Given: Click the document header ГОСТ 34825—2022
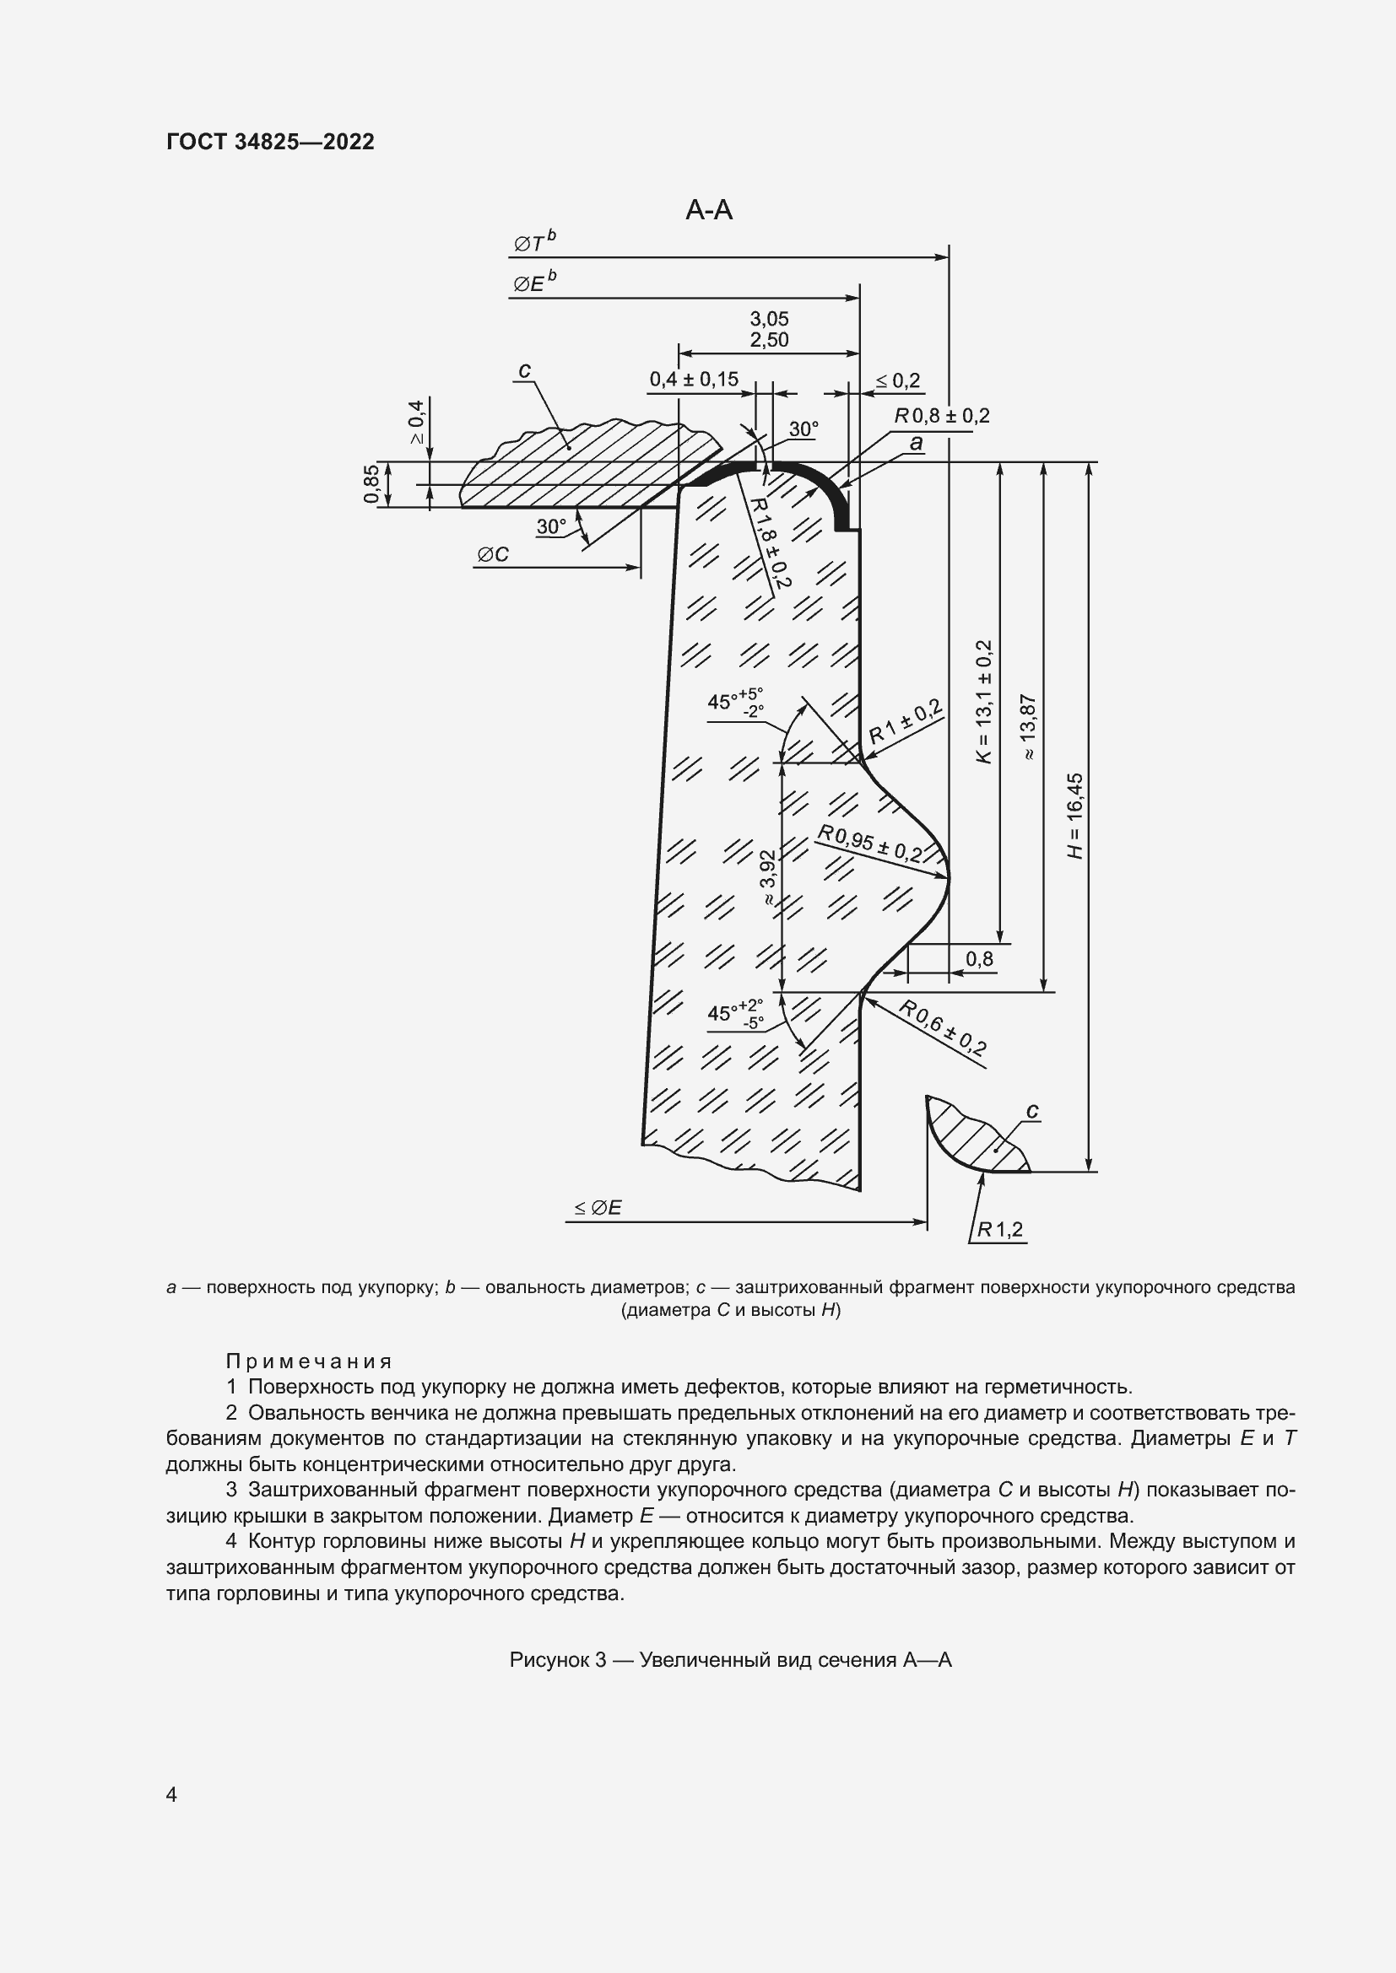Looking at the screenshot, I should point(270,143).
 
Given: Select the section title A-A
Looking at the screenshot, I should point(708,210).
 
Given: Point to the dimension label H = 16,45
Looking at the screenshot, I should point(1075,816).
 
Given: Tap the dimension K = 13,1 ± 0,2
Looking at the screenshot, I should point(984,701).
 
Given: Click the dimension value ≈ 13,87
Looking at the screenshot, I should point(1028,727).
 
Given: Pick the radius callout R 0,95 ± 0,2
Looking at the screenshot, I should point(869,844).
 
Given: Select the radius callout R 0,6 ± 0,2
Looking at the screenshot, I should point(942,1027).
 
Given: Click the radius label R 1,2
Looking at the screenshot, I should point(999,1230).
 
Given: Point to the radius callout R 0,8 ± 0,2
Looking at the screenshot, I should point(942,416).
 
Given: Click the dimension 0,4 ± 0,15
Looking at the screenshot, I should point(693,379).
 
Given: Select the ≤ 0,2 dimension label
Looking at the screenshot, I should point(896,380).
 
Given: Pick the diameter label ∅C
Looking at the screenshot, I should point(493,555).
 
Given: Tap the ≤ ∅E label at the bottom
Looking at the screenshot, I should point(598,1207).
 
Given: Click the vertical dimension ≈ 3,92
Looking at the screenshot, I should point(767,876).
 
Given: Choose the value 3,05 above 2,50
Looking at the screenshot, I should point(769,319).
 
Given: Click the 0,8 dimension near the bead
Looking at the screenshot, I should point(979,958).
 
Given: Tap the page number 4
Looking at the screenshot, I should point(172,1795).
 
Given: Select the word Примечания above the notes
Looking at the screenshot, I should point(309,1361).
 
